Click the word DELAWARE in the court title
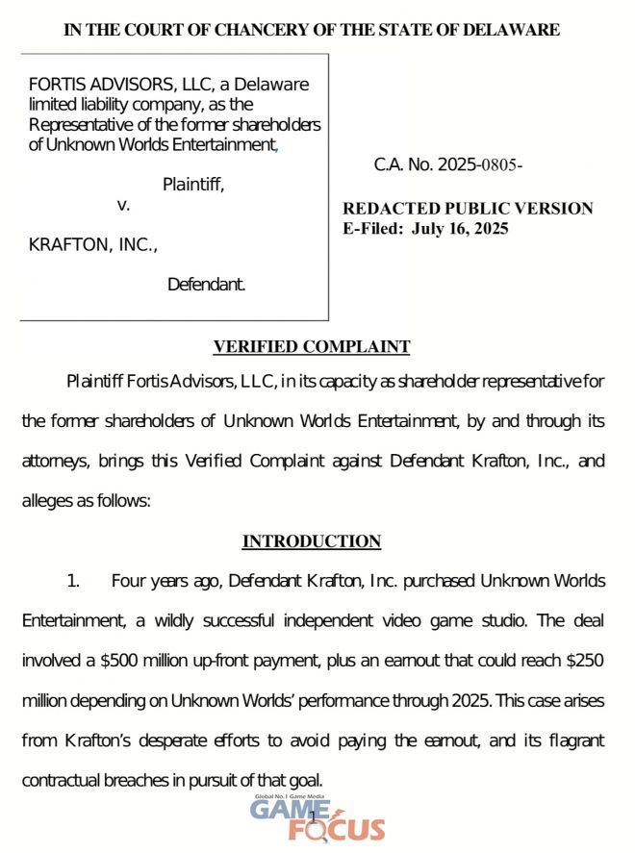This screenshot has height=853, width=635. click(x=511, y=30)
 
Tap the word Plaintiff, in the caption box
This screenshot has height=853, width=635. click(x=192, y=185)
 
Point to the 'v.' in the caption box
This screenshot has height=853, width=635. click(x=123, y=205)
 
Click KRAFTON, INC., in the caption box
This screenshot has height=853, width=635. click(x=93, y=245)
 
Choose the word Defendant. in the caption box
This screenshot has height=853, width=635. click(x=206, y=284)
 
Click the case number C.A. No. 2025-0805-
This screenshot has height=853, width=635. click(x=447, y=164)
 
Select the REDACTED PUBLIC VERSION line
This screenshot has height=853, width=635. click(x=468, y=209)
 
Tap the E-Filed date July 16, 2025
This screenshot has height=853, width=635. click(x=460, y=229)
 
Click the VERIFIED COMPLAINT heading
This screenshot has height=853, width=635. click(x=312, y=347)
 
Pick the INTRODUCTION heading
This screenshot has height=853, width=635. click(x=312, y=541)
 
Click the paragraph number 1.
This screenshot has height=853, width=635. click(x=72, y=582)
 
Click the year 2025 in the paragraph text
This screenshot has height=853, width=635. click(x=466, y=701)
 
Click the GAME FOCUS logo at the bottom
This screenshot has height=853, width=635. click(x=317, y=820)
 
